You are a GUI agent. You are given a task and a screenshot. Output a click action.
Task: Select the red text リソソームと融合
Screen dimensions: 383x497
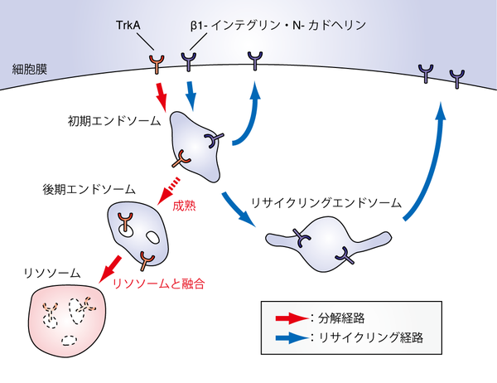(x=158, y=283)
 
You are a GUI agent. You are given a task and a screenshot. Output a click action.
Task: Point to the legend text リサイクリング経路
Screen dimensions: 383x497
(x=368, y=339)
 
